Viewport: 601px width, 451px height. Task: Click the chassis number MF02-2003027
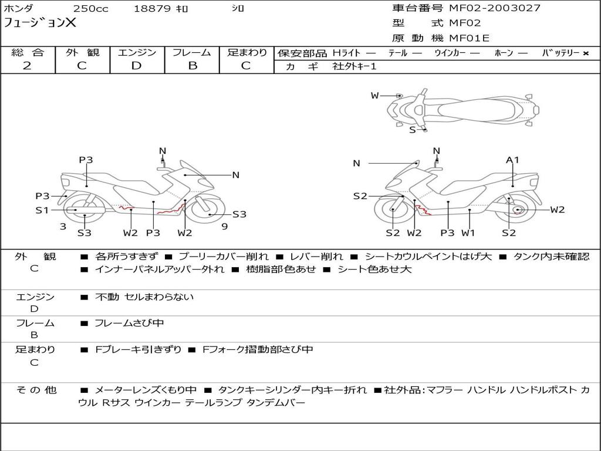coord(494,8)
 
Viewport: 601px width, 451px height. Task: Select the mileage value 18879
coord(152,8)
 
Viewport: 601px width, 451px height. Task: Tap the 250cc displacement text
coord(91,8)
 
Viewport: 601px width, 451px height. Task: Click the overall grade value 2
coord(27,66)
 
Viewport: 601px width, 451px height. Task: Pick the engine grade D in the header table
coord(136,66)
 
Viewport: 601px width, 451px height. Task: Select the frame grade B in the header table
coord(193,66)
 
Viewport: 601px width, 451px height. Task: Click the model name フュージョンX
coord(40,23)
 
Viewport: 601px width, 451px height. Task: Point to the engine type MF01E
coord(469,38)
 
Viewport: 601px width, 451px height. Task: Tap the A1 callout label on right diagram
coord(512,160)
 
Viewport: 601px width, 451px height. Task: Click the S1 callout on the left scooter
coord(42,210)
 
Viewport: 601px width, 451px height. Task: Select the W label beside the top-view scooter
coord(375,96)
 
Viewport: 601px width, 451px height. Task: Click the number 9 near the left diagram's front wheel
coord(225,227)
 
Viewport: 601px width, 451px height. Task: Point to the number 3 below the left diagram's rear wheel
coord(63,227)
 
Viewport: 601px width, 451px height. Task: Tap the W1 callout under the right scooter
coord(468,233)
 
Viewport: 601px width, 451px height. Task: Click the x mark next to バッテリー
coord(586,53)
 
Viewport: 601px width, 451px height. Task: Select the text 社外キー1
coord(354,66)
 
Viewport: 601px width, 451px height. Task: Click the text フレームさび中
coord(129,323)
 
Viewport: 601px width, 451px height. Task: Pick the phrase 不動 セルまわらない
coord(144,297)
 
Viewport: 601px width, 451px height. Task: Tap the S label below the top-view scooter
coord(413,130)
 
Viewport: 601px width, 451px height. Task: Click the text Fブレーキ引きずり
coord(138,349)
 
